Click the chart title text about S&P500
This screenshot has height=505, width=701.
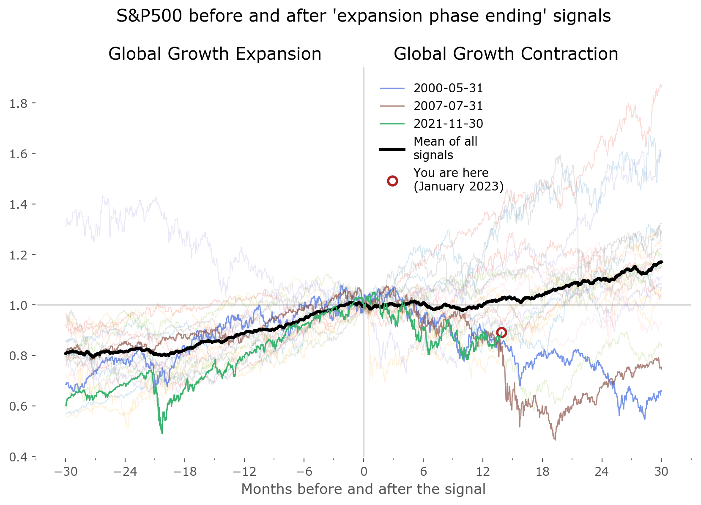point(363,16)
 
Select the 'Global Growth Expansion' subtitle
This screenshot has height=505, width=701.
point(215,54)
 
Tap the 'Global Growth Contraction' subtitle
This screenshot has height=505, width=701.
point(506,54)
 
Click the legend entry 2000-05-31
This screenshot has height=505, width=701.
point(448,88)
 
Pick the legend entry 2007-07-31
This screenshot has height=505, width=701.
point(448,106)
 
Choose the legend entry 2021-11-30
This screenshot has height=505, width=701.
point(448,124)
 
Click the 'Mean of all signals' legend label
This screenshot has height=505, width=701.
point(445,148)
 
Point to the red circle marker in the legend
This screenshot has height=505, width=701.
point(392,181)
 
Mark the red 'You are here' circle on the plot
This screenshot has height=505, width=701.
point(501,332)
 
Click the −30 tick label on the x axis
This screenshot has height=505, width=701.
point(66,472)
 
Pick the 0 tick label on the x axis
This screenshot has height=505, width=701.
point(364,472)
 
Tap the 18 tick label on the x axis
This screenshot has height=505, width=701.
point(542,472)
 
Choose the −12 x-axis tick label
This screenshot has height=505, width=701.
point(244,472)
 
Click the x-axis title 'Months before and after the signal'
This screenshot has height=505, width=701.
point(363,489)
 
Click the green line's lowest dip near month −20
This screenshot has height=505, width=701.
point(162,433)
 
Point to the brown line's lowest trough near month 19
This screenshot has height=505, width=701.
point(555,439)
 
